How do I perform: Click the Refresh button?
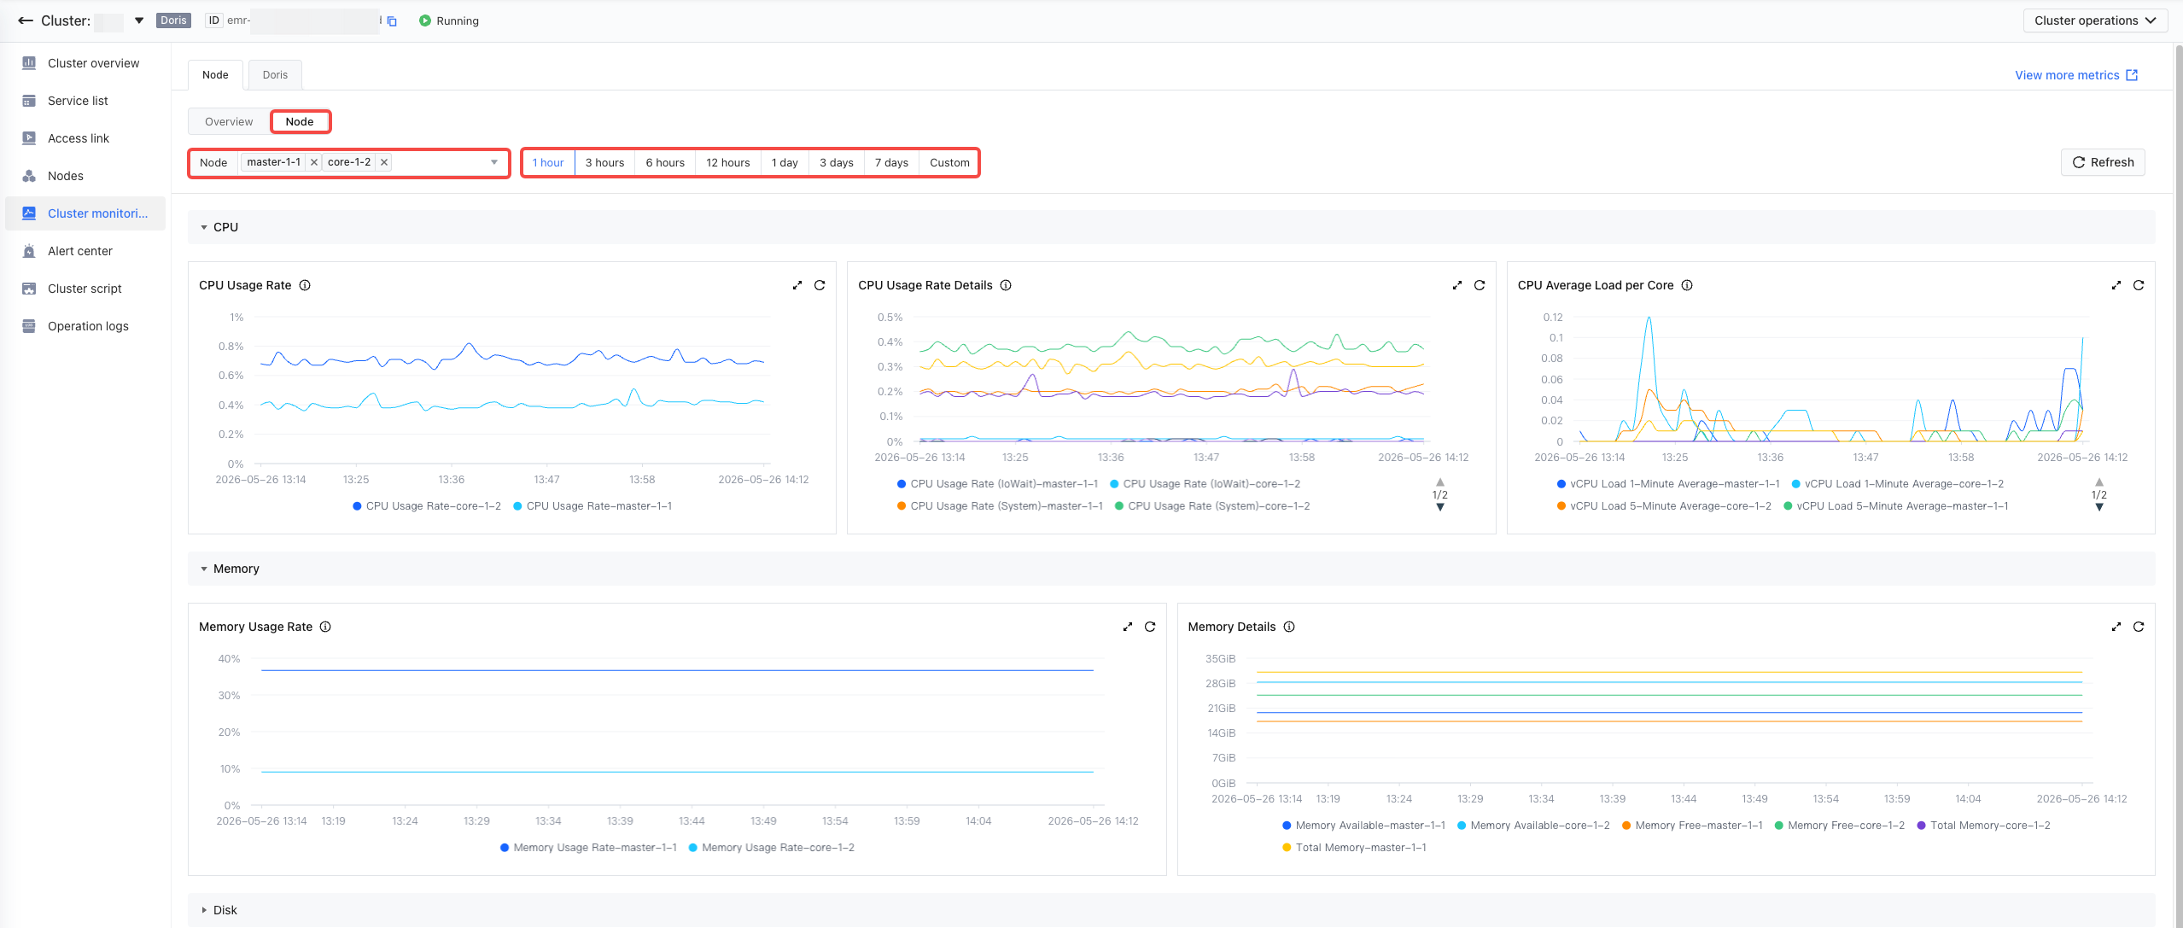[2103, 162]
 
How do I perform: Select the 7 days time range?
[891, 162]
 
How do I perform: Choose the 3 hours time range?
[604, 162]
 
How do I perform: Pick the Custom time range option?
[949, 162]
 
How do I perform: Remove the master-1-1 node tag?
[314, 162]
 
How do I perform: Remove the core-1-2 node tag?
[384, 162]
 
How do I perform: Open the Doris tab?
[275, 75]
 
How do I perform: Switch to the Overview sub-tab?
[229, 121]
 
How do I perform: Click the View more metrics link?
[2076, 75]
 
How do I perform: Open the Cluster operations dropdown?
[2095, 20]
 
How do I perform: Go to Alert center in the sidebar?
[80, 251]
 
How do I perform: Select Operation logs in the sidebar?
[88, 326]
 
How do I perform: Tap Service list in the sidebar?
[78, 101]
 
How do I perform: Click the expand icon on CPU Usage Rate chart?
[797, 285]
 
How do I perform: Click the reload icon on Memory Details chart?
[2139, 627]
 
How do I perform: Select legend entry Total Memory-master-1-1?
[1354, 848]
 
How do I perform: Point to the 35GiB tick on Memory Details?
[1220, 659]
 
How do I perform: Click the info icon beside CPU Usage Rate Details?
[1006, 285]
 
